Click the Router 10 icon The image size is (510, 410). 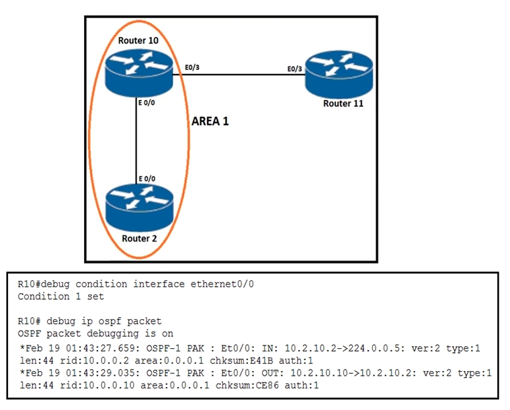[139, 74]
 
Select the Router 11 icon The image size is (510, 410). [339, 74]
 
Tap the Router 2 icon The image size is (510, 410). [140, 208]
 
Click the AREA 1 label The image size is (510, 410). [210, 122]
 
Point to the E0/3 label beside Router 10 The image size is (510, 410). [192, 68]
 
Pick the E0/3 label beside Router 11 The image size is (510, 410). [295, 69]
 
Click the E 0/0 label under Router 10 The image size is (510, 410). [146, 103]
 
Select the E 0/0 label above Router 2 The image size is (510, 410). [147, 179]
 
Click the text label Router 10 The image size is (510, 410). [138, 41]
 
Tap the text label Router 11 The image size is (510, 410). [343, 104]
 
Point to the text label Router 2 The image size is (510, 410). [139, 239]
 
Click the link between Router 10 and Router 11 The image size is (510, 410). [239, 75]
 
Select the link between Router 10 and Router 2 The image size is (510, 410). [136, 140]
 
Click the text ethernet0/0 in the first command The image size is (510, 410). [222, 284]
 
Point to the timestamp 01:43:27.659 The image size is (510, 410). [103, 348]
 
